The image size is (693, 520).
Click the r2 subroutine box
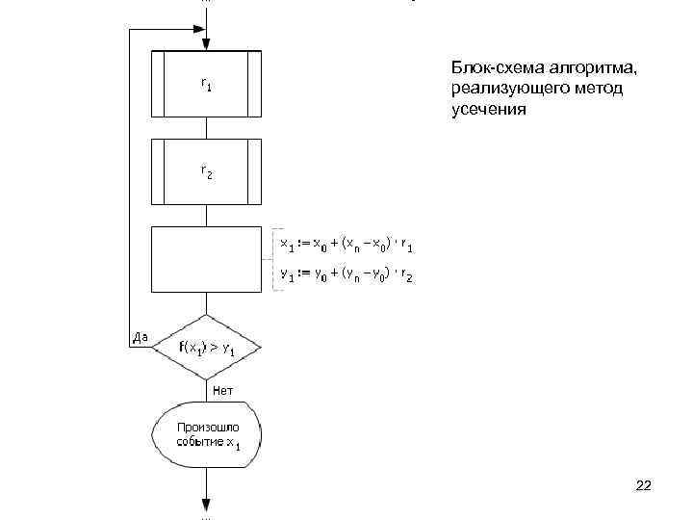pos(207,172)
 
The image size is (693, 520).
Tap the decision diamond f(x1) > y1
pos(207,348)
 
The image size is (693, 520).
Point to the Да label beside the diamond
pos(140,338)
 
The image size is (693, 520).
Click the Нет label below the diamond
pos(222,390)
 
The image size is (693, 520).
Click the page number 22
pos(644,487)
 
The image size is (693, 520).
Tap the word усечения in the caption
pos(489,110)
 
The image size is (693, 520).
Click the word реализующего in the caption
pos(509,90)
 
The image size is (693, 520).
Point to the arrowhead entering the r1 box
pos(207,44)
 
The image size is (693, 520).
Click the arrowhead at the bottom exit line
pos(207,503)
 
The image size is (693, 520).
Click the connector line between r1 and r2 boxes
pos(207,128)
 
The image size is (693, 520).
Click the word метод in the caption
pos(599,90)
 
